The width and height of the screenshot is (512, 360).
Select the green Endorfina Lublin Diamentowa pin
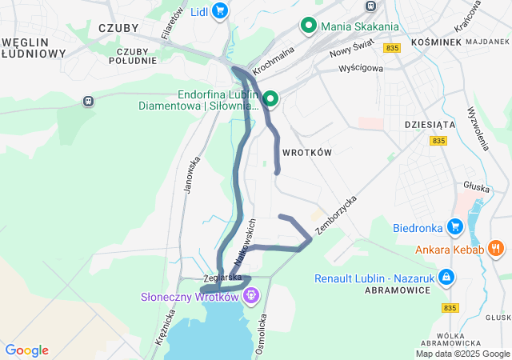click(270, 99)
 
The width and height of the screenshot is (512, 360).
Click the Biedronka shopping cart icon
click(455, 226)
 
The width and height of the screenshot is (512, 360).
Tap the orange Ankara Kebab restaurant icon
click(496, 249)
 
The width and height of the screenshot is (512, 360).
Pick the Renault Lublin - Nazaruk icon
click(446, 278)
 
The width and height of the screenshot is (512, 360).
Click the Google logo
click(26, 350)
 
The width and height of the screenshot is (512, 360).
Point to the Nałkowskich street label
click(246, 242)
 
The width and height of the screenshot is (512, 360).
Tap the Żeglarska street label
click(223, 278)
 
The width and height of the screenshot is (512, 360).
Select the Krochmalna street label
click(274, 60)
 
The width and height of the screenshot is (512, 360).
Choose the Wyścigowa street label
click(361, 69)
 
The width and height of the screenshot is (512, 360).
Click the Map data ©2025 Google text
click(462, 354)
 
